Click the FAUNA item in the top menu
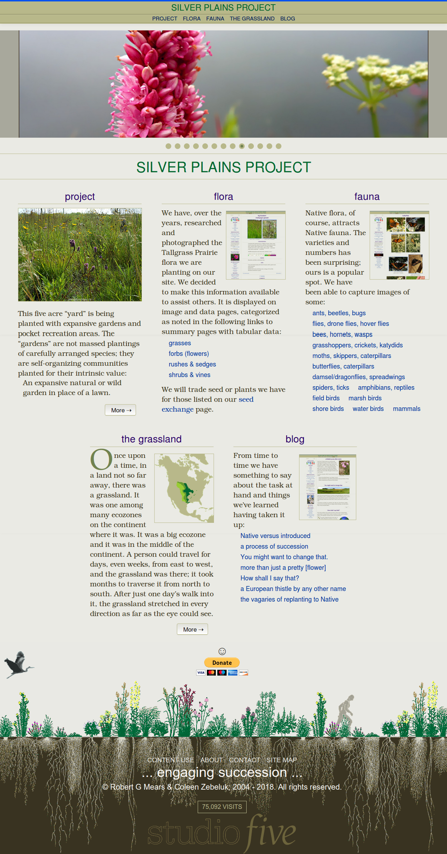click(x=215, y=18)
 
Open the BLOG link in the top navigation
click(x=287, y=18)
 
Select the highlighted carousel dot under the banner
click(x=242, y=146)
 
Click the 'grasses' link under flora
click(x=180, y=343)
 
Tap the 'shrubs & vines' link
click(x=189, y=375)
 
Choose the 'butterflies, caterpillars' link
click(x=343, y=366)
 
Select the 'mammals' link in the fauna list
click(x=407, y=409)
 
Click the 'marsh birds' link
click(x=365, y=398)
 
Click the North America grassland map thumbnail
click(x=184, y=488)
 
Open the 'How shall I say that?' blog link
click(x=269, y=578)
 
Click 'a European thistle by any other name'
click(x=293, y=588)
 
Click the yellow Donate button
click(x=222, y=662)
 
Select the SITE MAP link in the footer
click(x=281, y=760)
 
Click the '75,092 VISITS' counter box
click(x=222, y=807)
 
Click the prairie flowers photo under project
click(x=80, y=255)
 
